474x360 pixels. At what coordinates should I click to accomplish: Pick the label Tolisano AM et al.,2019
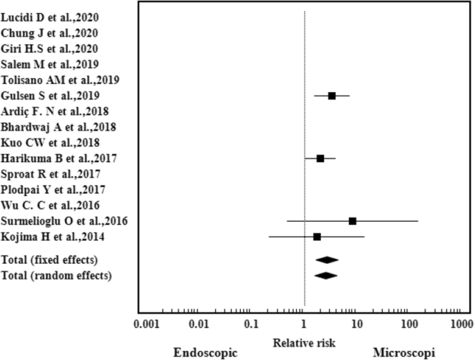[x=60, y=80]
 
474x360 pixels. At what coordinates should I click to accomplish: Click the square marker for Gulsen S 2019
[x=332, y=96]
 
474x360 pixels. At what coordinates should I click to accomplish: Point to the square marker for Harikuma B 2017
[x=320, y=159]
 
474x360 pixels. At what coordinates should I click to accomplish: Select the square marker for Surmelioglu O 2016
[x=353, y=221]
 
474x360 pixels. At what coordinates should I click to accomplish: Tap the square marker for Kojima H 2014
[x=317, y=237]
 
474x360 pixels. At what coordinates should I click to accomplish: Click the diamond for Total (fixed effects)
[x=327, y=260]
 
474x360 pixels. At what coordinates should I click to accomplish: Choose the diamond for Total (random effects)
[x=325, y=276]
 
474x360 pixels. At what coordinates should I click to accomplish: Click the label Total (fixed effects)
[x=59, y=260]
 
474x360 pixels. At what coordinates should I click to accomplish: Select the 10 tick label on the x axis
[x=355, y=324]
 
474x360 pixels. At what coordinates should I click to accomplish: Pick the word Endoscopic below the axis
[x=204, y=352]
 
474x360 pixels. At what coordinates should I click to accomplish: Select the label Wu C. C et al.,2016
[x=51, y=206]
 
